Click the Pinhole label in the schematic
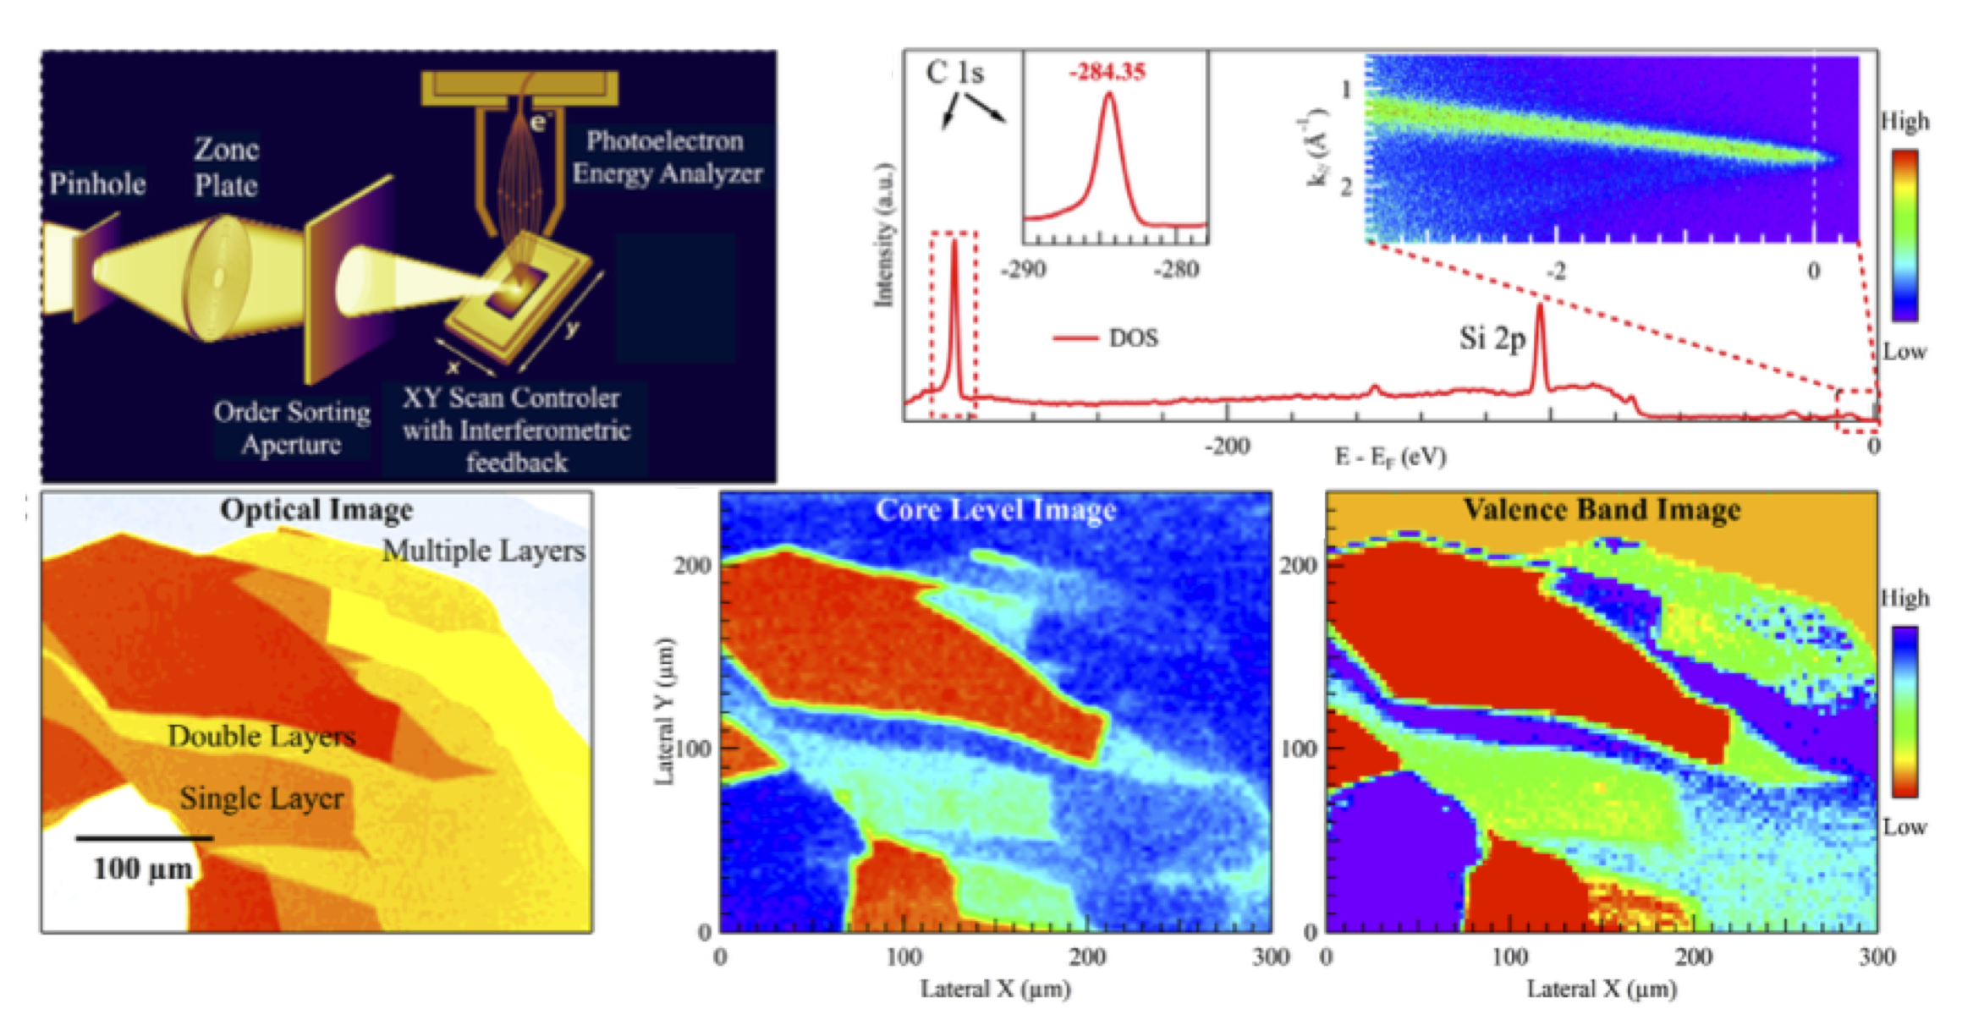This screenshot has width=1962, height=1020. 96,184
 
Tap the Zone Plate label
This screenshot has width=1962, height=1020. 226,167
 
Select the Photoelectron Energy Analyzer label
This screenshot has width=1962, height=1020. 667,156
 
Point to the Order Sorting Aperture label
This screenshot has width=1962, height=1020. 292,427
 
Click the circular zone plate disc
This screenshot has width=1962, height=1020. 218,277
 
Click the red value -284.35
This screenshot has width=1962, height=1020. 1107,72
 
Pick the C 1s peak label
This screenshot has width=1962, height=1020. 954,73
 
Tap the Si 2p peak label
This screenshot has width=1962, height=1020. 1492,338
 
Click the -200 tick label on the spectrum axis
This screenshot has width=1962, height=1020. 1227,446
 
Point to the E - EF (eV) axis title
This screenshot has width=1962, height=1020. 1390,458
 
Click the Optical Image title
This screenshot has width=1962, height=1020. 316,510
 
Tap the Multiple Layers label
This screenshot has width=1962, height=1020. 483,551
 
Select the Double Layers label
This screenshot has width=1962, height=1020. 261,736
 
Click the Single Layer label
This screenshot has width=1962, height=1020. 261,798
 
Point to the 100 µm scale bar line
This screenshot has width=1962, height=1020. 144,838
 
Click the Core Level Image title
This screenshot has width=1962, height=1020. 996,510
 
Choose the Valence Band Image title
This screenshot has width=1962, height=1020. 1602,510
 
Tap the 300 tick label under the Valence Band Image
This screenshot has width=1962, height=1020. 1876,957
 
